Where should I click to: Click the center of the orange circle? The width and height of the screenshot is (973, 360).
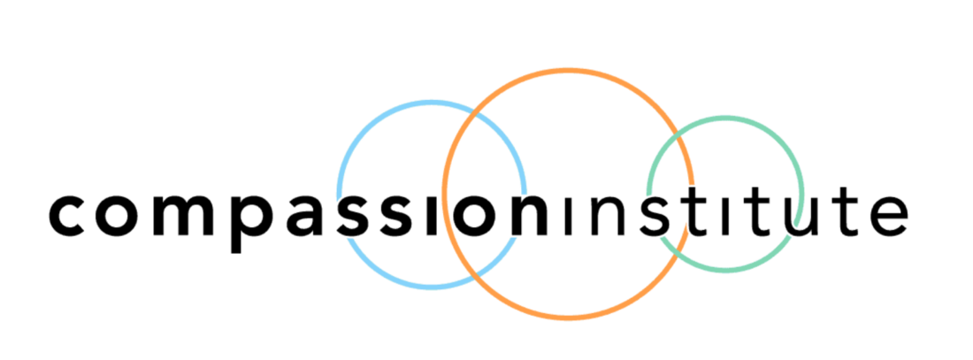click(x=568, y=193)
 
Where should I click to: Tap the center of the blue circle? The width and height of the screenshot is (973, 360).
click(x=432, y=194)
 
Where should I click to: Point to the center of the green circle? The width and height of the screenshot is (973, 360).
click(x=725, y=194)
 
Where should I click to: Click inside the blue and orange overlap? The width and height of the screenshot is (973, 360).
click(x=485, y=194)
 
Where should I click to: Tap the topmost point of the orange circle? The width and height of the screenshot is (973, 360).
click(x=568, y=69)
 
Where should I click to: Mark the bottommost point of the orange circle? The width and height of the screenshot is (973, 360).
click(x=568, y=317)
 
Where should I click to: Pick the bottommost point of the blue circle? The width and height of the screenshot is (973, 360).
click(x=432, y=286)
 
